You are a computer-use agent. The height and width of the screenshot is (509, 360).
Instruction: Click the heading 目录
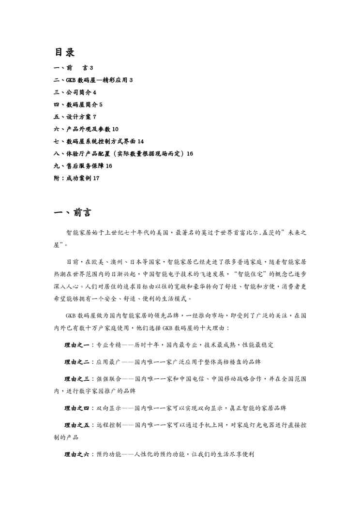64,52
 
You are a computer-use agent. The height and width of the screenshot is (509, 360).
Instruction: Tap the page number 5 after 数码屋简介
101,104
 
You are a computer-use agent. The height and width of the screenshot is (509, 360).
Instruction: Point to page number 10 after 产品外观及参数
115,129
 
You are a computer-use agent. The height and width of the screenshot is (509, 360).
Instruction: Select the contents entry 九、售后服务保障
79,166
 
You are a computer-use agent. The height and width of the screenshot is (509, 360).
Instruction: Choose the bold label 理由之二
76,361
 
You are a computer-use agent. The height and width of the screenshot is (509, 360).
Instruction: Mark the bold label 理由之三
76,378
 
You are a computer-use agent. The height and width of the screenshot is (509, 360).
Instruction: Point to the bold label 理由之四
76,408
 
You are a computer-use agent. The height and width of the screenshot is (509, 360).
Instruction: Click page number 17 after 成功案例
96,179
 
